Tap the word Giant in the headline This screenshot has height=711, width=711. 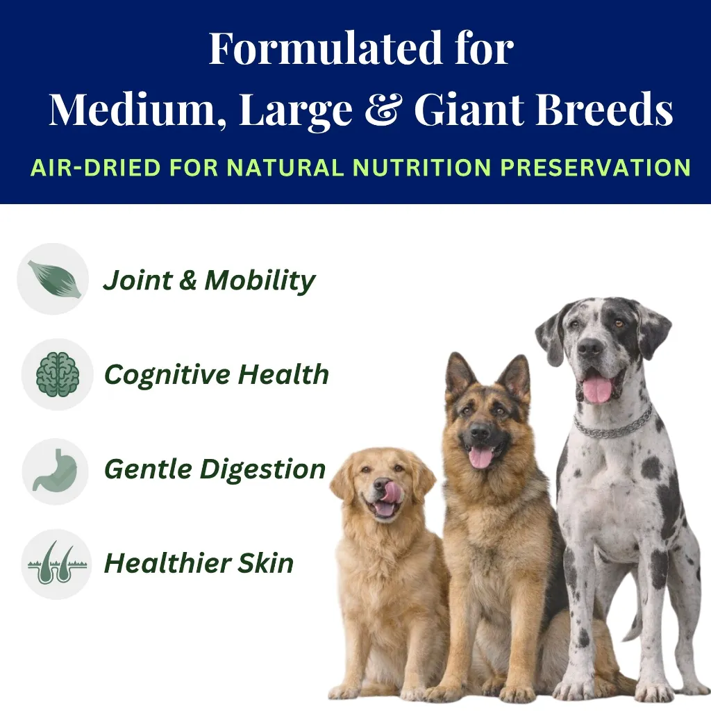click(465, 110)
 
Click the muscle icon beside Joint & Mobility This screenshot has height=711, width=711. click(53, 278)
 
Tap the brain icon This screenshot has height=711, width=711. click(57, 374)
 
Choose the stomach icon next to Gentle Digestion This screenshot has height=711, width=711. click(56, 470)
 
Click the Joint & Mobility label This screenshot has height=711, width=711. click(209, 280)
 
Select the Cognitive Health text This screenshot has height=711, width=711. click(216, 375)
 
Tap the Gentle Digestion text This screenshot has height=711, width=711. click(215, 469)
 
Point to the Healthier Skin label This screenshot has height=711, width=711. click(199, 563)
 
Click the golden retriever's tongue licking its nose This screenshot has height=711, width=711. click(392, 492)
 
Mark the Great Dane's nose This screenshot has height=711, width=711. click(591, 348)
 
